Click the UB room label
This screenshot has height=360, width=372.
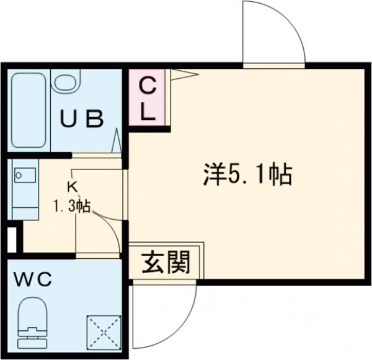click(x=81, y=118)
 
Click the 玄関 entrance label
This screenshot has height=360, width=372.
click(x=166, y=264)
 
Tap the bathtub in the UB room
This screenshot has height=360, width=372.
click(x=29, y=110)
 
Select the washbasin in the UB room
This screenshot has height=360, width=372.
click(x=64, y=81)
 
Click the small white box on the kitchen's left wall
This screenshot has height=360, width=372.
click(x=11, y=240)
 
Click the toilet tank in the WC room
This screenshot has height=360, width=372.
click(x=32, y=341)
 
